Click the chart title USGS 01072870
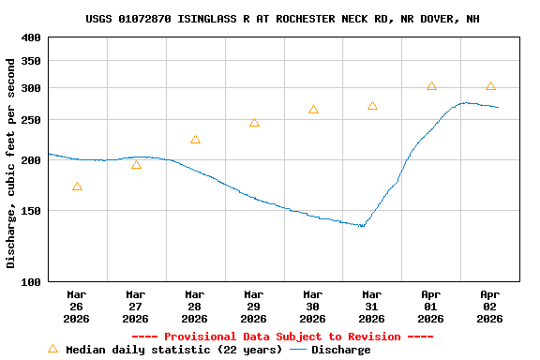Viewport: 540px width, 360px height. tap(282, 19)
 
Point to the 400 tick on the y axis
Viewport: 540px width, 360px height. tap(31, 37)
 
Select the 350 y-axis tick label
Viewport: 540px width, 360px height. tap(31, 61)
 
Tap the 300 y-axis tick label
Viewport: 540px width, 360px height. tap(31, 88)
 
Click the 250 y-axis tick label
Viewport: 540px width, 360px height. tap(31, 121)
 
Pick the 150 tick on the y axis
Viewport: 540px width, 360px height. tap(31, 211)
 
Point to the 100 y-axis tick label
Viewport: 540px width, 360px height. tap(31, 281)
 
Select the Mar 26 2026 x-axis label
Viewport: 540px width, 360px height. tap(77, 306)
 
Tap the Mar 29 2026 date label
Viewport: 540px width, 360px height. tap(254, 306)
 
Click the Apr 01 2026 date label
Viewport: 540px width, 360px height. tap(431, 306)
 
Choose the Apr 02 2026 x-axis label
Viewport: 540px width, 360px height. tap(490, 306)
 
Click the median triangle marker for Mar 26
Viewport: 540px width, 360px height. tap(77, 187)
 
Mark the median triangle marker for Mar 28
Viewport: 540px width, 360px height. tap(195, 140)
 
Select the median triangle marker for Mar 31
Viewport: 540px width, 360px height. tap(372, 106)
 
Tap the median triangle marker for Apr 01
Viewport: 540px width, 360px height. tap(431, 86)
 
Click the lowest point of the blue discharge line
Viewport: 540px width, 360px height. tap(362, 226)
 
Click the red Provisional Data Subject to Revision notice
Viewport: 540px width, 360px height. tap(282, 337)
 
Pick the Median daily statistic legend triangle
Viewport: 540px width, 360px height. tap(52, 349)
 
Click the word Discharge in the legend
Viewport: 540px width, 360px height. tap(340, 350)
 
